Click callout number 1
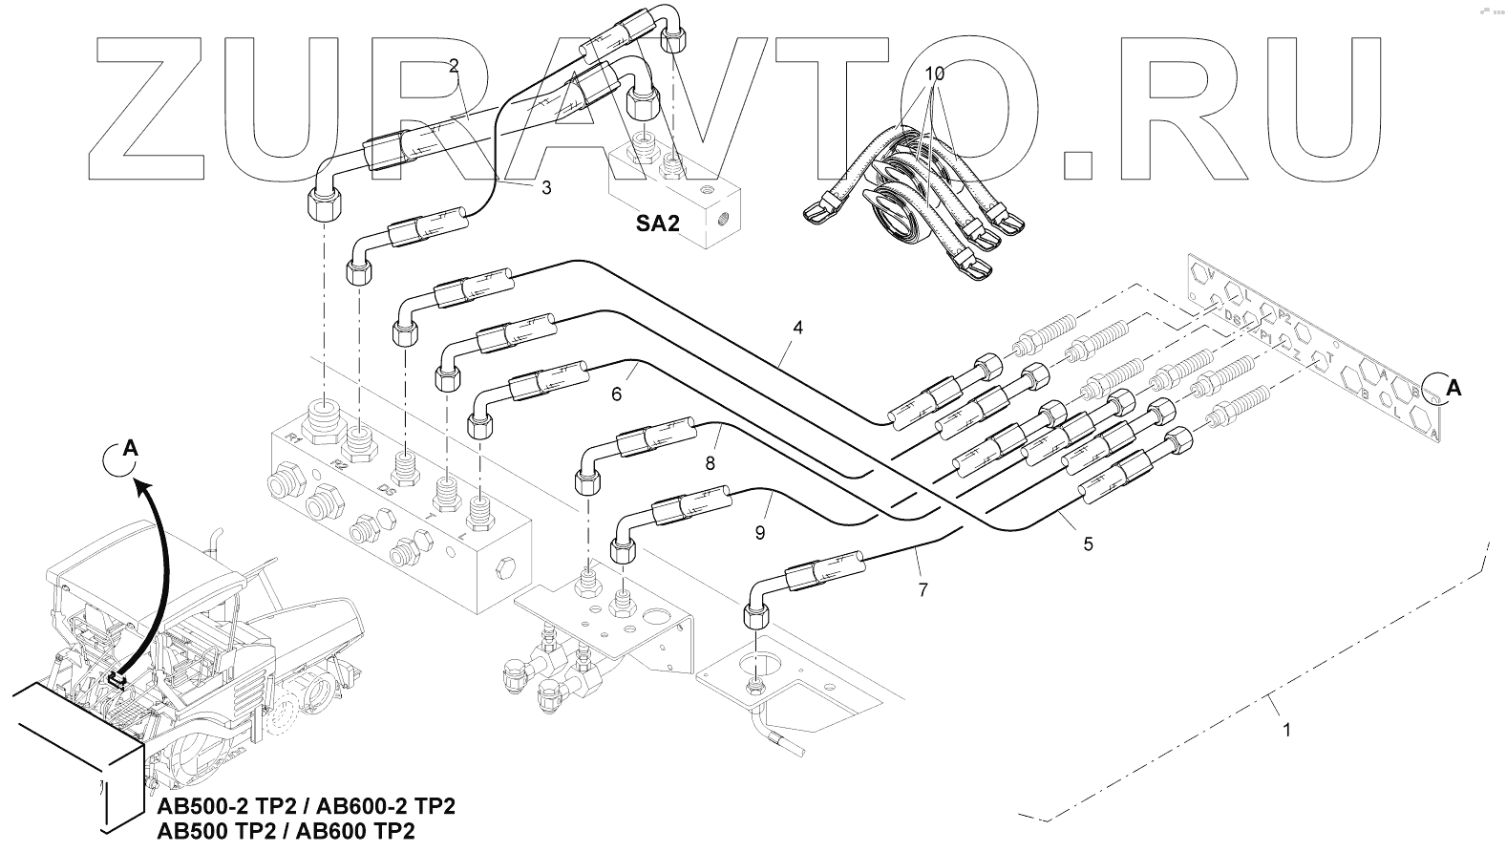click(1286, 731)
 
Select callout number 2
click(454, 66)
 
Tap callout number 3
click(546, 188)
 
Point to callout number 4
click(797, 328)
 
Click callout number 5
click(1088, 544)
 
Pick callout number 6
click(616, 393)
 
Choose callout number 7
click(923, 590)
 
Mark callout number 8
click(710, 464)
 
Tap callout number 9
click(760, 533)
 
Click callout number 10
click(935, 73)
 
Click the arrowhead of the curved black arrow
click(142, 487)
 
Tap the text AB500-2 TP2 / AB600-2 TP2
click(306, 806)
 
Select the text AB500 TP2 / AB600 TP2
click(286, 831)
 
